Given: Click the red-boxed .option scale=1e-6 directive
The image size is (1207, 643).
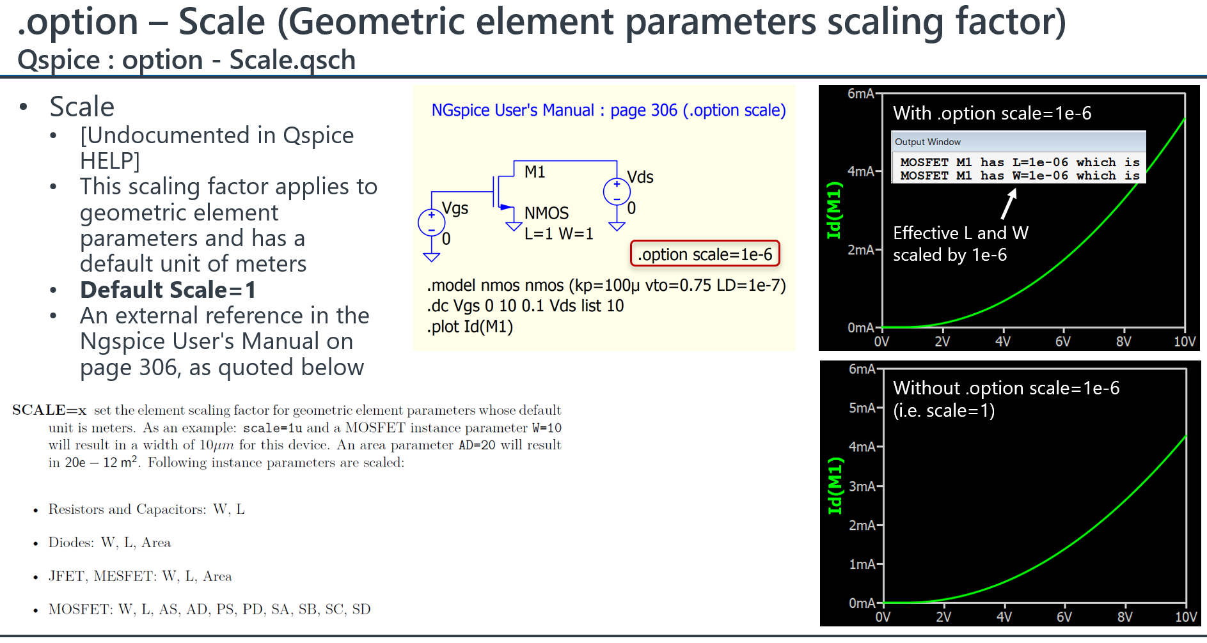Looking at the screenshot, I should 704,254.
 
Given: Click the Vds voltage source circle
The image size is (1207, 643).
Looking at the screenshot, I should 617,191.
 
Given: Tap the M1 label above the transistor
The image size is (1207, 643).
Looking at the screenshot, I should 535,172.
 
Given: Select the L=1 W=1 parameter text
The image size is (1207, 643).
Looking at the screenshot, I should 558,234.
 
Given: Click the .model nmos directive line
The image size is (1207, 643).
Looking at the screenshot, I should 606,285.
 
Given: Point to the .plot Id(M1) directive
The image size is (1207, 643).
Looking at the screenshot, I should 469,327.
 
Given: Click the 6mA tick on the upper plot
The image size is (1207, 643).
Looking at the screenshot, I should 861,94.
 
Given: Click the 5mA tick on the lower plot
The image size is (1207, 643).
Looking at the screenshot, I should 862,408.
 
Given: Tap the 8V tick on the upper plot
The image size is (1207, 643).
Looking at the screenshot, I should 1123,341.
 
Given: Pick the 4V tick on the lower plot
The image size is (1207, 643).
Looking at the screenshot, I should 1004,617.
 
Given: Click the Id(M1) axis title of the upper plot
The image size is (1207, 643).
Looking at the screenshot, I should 833,210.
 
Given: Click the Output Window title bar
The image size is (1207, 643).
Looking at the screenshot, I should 1018,142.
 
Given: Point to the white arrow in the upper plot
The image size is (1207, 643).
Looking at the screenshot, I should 1009,204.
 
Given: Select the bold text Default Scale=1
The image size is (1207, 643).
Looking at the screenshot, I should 168,290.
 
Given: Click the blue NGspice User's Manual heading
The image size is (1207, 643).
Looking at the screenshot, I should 608,111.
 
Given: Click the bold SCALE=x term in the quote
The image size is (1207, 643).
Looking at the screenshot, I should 49,410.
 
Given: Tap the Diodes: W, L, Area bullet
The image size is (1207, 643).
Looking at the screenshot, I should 109,543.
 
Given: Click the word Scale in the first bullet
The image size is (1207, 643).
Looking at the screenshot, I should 82,107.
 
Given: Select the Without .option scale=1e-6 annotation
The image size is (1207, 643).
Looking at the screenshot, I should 1006,388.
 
